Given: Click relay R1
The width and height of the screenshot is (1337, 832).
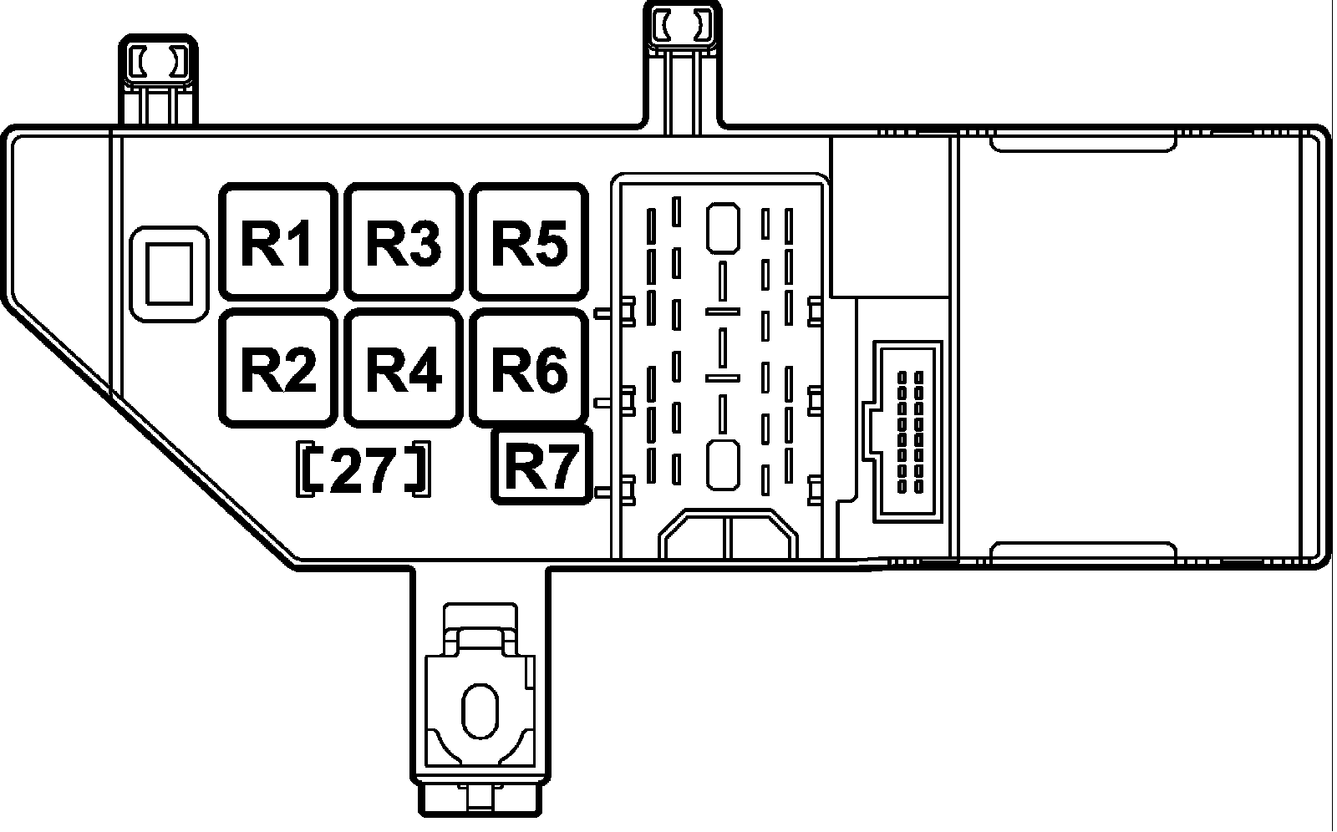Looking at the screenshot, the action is coord(277,242).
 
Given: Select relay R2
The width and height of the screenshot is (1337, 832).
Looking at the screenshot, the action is coord(277,368).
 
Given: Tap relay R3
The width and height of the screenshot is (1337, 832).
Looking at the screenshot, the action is coord(404,242).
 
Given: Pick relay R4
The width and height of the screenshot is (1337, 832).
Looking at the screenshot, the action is coord(404,368).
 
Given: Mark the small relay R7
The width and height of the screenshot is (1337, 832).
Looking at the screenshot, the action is coord(541,466).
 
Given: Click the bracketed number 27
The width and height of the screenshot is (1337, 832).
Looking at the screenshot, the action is coord(363,469).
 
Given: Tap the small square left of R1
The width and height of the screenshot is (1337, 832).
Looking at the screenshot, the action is coord(170,272).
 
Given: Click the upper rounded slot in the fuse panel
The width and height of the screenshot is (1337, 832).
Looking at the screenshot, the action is coord(723,226).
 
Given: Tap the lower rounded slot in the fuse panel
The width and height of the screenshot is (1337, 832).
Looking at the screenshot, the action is coord(723,464).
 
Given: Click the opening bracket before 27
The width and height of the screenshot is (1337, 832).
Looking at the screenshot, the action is coord(310,469).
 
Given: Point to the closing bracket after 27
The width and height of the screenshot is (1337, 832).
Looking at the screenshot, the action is coord(419,469).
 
